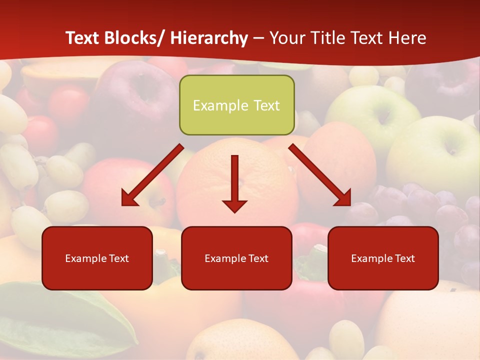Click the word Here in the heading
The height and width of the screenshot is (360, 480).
pyautogui.click(x=407, y=38)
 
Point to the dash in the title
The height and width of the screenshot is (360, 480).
pyautogui.click(x=258, y=38)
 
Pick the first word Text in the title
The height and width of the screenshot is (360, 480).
pyautogui.click(x=83, y=38)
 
